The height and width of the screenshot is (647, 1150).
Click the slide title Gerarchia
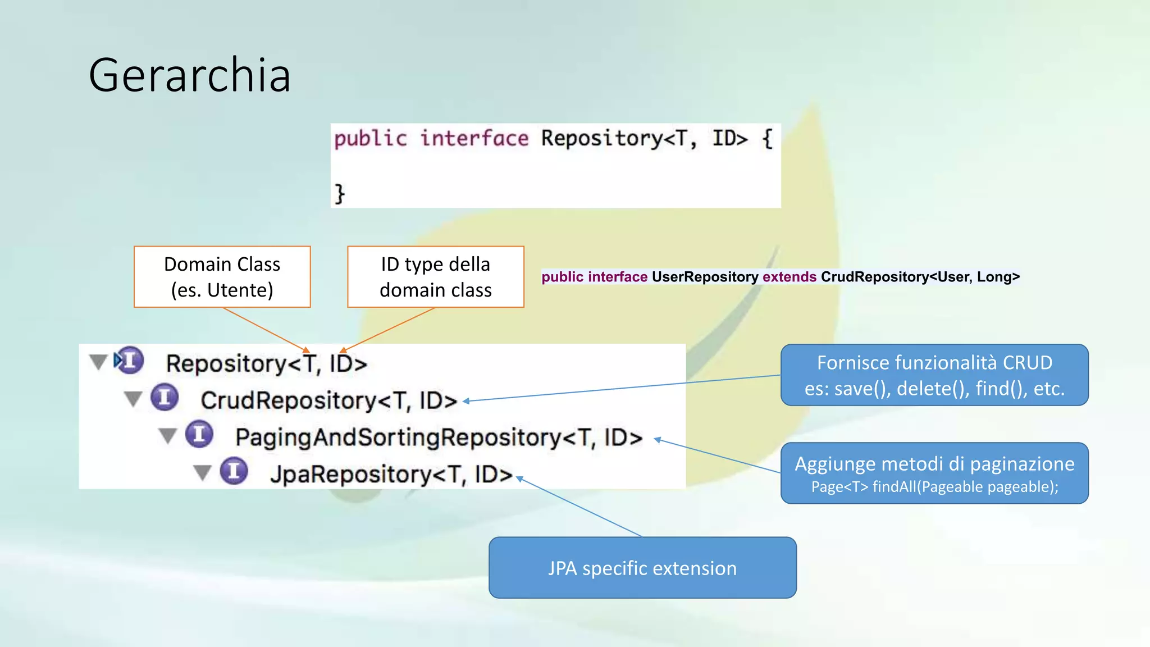click(190, 76)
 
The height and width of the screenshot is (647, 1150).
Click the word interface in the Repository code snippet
click(474, 138)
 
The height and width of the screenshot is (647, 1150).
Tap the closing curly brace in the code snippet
click(340, 194)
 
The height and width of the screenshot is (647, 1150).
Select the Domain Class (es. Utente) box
click(222, 277)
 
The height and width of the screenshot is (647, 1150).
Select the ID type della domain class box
click(436, 277)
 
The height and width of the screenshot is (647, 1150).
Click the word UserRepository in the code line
click(705, 277)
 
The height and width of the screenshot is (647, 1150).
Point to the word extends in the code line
click(789, 277)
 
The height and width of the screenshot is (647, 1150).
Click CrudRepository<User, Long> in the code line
click(920, 277)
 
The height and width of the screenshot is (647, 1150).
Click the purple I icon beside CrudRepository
click(165, 398)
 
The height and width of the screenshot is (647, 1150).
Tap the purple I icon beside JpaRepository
click(234, 471)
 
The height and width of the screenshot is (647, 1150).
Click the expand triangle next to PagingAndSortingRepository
click(167, 435)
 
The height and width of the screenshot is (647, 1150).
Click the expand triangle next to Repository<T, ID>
click(98, 362)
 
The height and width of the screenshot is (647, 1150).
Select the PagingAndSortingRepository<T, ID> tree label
click(439, 438)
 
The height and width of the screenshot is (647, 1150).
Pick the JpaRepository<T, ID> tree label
click(391, 475)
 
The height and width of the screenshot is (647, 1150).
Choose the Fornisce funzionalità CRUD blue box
click(934, 375)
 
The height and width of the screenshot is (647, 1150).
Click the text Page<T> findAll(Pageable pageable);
click(934, 487)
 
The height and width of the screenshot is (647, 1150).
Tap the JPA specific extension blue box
click(642, 568)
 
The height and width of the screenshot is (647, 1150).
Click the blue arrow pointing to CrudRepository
click(618, 388)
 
